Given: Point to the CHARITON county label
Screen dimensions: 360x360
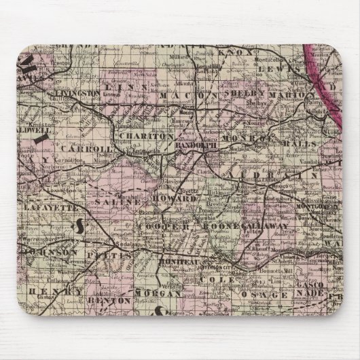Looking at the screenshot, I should (147, 136).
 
